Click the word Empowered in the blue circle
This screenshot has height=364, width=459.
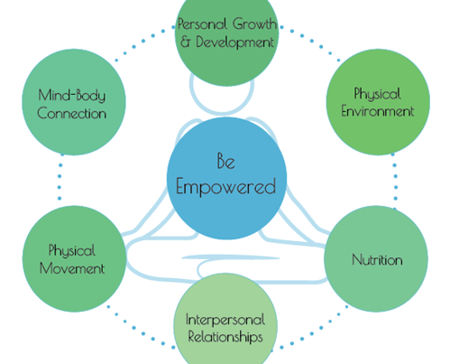[225, 187]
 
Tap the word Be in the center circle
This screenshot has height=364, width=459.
[226, 161]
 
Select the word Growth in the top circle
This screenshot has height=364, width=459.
[254, 23]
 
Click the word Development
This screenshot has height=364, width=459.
[235, 42]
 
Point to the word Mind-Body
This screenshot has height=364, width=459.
[72, 96]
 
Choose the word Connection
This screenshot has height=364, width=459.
[71, 114]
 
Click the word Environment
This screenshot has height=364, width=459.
[378, 111]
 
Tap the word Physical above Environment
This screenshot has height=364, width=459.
[377, 94]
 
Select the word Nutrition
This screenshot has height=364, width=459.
[377, 259]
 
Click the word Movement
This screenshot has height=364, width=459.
[72, 268]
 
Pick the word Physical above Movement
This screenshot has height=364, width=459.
[72, 250]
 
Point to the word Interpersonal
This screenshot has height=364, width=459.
[225, 320]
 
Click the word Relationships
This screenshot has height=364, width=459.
[225, 336]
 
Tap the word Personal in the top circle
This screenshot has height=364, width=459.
[202, 23]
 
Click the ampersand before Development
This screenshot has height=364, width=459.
[186, 42]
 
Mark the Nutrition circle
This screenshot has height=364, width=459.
[376, 259]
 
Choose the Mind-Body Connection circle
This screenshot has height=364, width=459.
[74, 102]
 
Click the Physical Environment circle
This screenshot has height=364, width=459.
[378, 102]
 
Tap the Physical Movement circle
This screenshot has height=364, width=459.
[74, 259]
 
